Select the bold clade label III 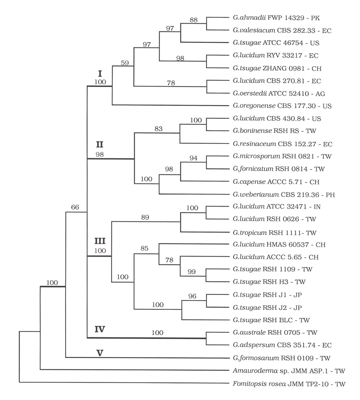(x=100, y=241)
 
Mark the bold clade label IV (x=100, y=328)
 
